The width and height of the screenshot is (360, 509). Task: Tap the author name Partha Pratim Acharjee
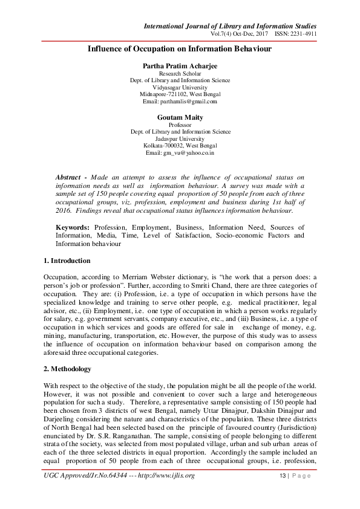point(180,65)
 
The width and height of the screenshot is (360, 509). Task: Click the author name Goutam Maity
point(180,117)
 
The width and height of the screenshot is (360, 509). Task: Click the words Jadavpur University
point(180,138)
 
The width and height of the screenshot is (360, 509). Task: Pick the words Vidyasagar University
point(180,87)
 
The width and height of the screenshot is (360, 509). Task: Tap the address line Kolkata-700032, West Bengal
point(180,146)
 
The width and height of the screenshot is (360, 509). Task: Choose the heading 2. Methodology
point(68,369)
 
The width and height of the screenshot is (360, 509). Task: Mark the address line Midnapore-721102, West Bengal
point(180,94)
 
